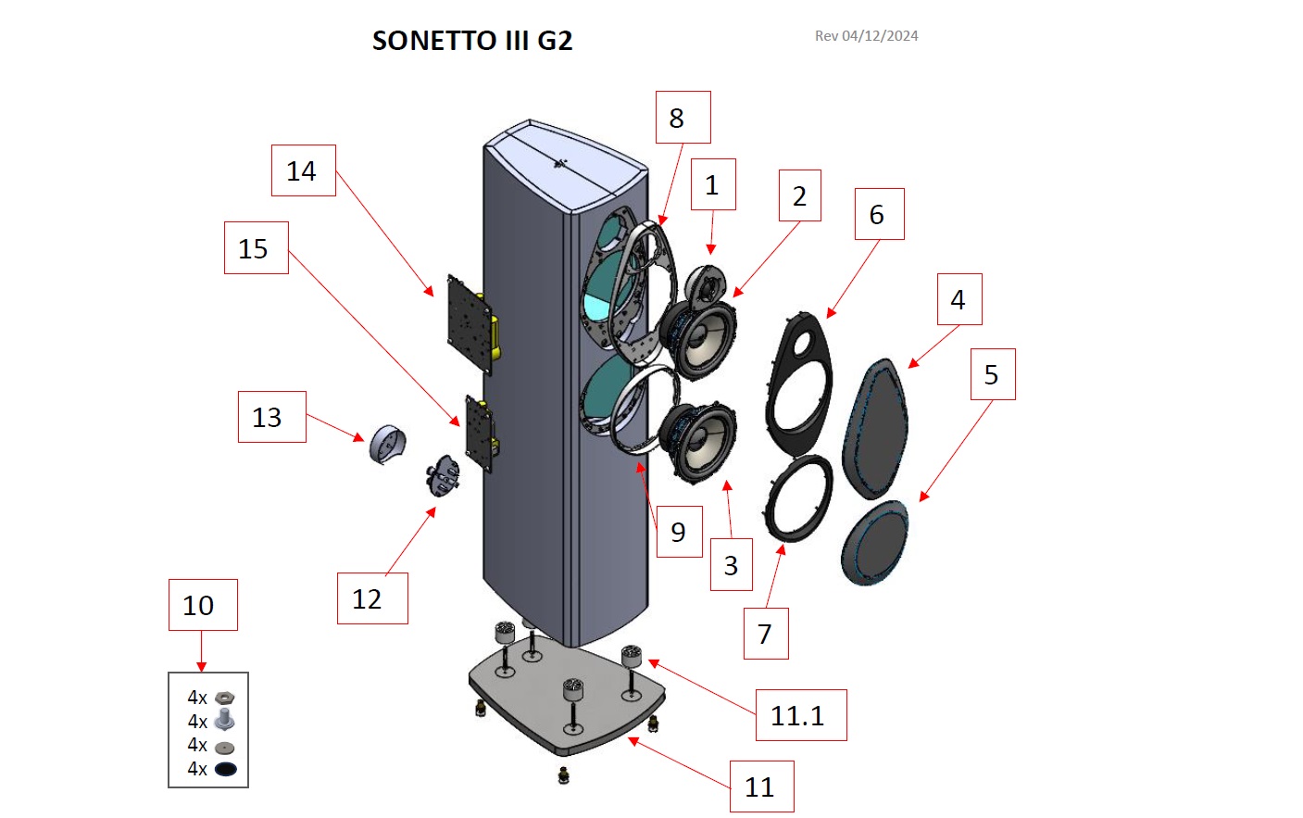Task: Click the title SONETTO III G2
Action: pyautogui.click(x=472, y=41)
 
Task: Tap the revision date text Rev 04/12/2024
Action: pyautogui.click(x=866, y=36)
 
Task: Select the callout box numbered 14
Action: pyautogui.click(x=303, y=170)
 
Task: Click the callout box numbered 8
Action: pyautogui.click(x=683, y=118)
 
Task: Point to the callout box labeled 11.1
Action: pyautogui.click(x=800, y=715)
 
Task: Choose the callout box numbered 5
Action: pyautogui.click(x=992, y=374)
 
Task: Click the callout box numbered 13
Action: pyautogui.click(x=271, y=417)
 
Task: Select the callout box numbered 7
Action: pyautogui.click(x=766, y=634)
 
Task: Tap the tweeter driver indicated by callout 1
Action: pyautogui.click(x=708, y=283)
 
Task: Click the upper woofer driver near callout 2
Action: pyautogui.click(x=701, y=338)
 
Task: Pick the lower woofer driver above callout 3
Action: pyautogui.click(x=701, y=441)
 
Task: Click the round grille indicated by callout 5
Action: pyautogui.click(x=875, y=543)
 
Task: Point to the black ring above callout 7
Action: pyautogui.click(x=798, y=497)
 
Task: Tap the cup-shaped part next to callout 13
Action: pyautogui.click(x=387, y=445)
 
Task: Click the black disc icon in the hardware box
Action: pyautogui.click(x=225, y=769)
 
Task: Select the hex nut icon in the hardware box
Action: pyautogui.click(x=224, y=698)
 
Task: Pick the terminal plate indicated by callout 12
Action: pyautogui.click(x=444, y=476)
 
